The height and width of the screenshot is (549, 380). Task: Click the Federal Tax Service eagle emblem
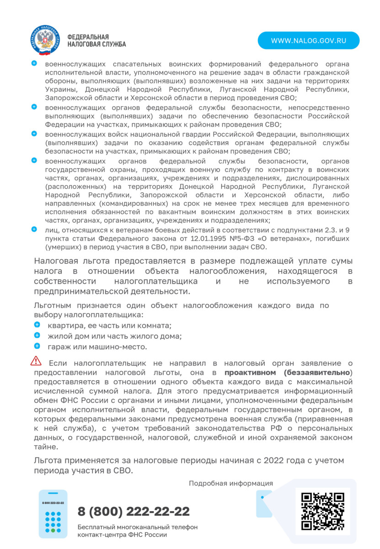coord(45,40)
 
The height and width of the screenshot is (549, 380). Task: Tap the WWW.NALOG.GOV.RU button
coord(308,40)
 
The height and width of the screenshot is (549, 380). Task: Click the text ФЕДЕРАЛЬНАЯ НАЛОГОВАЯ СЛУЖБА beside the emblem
coord(96,40)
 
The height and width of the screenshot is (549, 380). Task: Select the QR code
coord(323,511)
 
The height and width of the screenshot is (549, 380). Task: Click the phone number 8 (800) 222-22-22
coord(134,511)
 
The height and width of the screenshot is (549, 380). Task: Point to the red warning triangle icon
coord(36,361)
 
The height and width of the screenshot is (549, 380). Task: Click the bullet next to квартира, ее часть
coord(37,325)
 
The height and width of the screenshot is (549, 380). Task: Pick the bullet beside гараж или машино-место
coord(37,346)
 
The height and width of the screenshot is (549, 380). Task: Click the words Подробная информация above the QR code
coord(231,483)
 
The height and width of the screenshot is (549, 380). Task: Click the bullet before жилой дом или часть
coord(37,335)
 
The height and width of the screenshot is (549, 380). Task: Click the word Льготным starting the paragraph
coord(52,305)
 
